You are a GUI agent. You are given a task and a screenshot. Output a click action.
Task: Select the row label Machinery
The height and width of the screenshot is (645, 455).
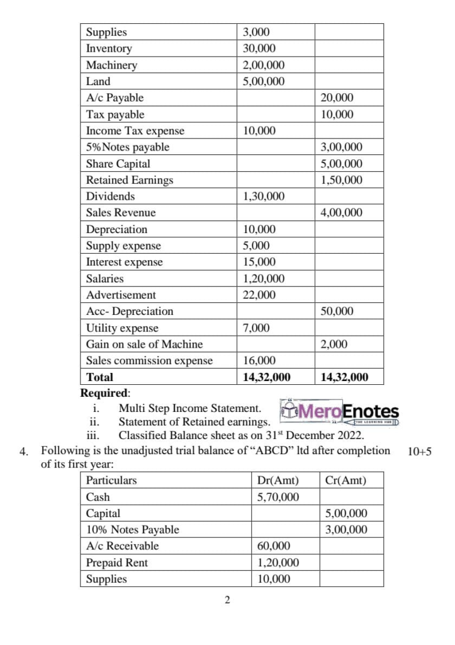pos(111,65)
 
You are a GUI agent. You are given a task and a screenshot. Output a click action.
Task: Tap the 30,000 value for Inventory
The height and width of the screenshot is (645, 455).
pos(259,49)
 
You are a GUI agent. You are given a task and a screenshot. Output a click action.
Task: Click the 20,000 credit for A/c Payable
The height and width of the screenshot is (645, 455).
pos(337,98)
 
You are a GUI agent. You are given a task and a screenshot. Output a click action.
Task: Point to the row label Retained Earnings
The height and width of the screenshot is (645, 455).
pos(129,180)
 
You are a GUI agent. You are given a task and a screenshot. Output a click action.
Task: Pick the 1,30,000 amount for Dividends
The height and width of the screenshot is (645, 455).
pos(264,197)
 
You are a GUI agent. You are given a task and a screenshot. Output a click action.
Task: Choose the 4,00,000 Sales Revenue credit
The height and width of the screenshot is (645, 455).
pos(341,213)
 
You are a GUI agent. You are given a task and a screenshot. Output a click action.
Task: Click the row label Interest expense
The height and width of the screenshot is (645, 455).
pos(124,262)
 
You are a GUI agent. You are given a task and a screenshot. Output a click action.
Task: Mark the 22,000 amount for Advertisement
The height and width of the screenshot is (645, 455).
pos(259,295)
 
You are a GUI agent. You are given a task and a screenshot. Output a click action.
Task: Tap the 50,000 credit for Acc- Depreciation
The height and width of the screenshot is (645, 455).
pos(337,311)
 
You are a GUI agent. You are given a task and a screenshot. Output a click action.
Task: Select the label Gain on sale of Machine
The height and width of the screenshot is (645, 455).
pos(144,344)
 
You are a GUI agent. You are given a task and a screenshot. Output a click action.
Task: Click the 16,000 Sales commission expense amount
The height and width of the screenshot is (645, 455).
pos(259,360)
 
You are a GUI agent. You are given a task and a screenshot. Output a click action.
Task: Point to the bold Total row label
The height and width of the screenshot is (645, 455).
pos(99,377)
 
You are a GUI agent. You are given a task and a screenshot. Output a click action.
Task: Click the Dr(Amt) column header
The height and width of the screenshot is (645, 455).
pos(278,481)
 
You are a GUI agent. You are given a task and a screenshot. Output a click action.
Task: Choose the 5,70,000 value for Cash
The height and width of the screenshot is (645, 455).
pos(278,497)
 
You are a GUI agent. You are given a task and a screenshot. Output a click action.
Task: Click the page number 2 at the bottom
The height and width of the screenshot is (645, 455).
pos(227,600)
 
